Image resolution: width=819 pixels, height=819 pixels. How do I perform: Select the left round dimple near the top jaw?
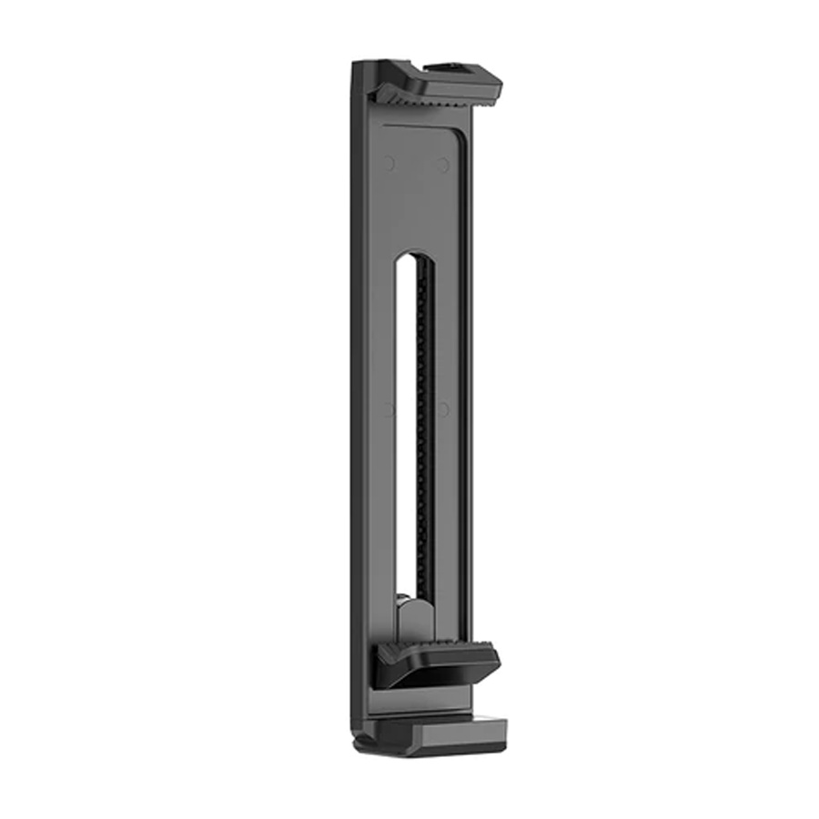(x=389, y=164)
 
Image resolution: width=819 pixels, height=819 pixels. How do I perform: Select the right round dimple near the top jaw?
(x=442, y=165)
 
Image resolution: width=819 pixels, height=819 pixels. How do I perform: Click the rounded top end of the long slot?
(x=414, y=258)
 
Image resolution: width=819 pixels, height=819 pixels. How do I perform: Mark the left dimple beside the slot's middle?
(x=389, y=409)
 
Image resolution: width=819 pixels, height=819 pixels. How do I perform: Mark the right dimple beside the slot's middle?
(x=443, y=409)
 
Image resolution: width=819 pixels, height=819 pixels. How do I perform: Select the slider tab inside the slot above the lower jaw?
(x=411, y=619)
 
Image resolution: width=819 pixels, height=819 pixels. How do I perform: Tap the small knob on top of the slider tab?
(x=402, y=600)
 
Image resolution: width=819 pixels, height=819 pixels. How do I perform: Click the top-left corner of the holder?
(x=355, y=64)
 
